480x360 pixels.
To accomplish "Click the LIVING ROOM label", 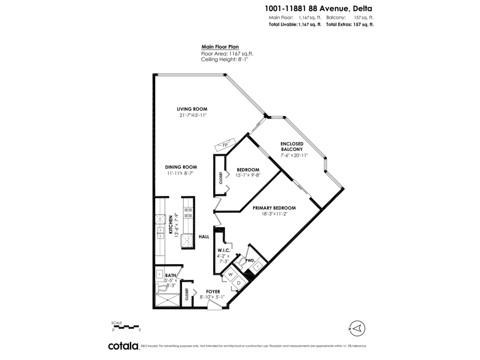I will pos(192,109).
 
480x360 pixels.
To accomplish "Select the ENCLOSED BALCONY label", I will pos(292,146).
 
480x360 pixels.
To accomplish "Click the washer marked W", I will pos(230,275).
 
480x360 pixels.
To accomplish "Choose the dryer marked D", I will pos(239,283).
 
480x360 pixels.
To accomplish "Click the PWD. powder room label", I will pos(250,260).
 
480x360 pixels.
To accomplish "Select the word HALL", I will pos(204,237).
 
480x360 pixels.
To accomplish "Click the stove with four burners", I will pos(188,212).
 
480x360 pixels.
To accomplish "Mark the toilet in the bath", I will pos(162,288).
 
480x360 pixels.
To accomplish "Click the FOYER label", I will pos(213,292).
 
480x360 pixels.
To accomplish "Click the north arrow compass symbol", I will pos(357,329).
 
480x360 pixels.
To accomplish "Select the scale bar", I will pos(126,327).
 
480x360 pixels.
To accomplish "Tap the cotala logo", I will pos(123,346).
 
